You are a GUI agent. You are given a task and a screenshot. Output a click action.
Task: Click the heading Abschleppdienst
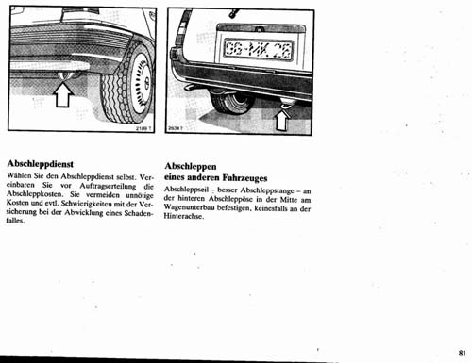[41, 162]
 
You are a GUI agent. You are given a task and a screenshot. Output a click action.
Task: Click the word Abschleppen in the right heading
[193, 164]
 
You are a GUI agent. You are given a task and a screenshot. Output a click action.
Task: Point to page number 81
[461, 353]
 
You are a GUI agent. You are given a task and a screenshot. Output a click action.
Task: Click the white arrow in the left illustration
[63, 94]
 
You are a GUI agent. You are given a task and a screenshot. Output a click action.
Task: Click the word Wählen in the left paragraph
[21, 176]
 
